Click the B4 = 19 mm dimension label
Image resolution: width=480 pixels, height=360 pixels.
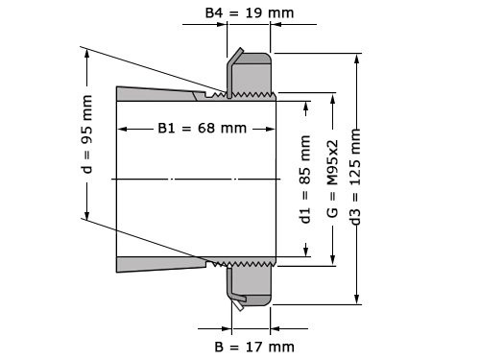tap(250, 13)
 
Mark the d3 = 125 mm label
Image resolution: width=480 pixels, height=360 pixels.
tap(357, 179)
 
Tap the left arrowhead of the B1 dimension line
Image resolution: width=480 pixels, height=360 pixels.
tap(121, 129)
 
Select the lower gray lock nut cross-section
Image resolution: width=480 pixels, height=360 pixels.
tap(252, 285)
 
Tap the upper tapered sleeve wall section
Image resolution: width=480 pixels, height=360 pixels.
tap(158, 94)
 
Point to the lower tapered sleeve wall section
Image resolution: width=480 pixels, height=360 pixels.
tap(158, 264)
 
